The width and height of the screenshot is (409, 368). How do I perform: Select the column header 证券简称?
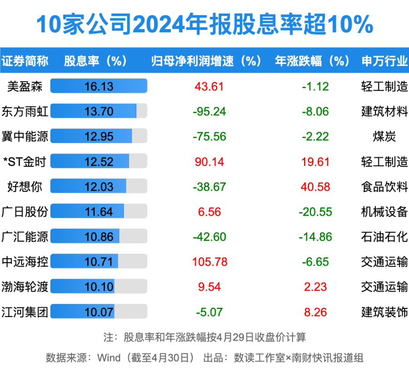[25, 61]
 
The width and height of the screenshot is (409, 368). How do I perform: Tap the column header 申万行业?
[384, 61]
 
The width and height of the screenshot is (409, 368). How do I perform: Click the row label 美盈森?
[25, 86]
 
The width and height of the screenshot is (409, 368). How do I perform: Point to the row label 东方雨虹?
[25, 111]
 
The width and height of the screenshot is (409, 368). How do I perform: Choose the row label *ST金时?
[25, 161]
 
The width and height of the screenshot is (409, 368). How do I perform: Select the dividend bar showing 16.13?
[99, 86]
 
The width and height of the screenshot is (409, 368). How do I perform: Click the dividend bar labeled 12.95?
[99, 136]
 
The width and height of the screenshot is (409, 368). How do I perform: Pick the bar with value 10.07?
[99, 312]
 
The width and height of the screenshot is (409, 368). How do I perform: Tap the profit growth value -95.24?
[209, 111]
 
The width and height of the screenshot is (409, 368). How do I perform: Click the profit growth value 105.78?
[209, 262]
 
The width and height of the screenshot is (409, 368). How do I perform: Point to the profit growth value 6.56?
[209, 212]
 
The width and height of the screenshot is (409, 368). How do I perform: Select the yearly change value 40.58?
[315, 187]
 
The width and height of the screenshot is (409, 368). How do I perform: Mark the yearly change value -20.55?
[315, 212]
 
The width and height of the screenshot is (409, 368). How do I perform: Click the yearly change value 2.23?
[315, 287]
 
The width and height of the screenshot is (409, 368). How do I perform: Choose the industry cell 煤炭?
[384, 136]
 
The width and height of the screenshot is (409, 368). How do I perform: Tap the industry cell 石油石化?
[384, 237]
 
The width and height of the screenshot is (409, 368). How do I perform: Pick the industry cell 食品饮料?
[384, 187]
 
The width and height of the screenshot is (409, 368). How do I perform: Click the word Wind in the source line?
[109, 358]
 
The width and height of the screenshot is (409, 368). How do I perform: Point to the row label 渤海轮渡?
[25, 287]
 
